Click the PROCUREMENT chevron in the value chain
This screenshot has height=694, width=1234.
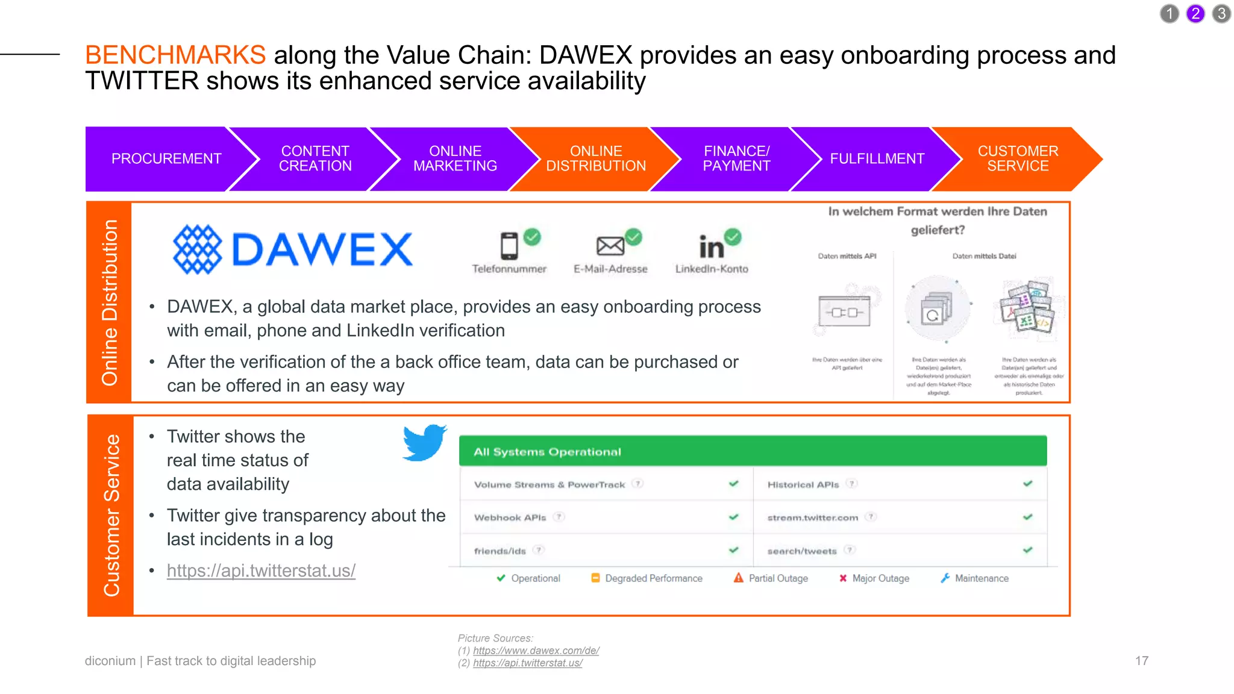(166, 158)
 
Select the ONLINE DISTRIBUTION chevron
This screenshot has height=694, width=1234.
(595, 158)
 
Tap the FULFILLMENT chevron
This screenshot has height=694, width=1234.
(877, 158)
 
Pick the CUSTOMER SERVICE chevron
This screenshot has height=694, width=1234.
(1018, 158)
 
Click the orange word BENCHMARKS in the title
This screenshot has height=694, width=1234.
(175, 55)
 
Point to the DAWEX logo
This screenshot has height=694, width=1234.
(293, 249)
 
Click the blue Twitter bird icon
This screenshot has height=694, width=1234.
(425, 443)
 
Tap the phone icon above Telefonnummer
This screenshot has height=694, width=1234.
(509, 246)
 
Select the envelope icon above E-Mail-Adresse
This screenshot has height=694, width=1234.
(610, 246)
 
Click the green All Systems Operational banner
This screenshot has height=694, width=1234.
(753, 451)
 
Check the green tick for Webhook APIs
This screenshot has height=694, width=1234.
(733, 517)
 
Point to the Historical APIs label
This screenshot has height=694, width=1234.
(803, 484)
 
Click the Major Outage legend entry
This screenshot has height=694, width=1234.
(874, 578)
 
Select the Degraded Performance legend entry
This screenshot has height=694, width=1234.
(647, 578)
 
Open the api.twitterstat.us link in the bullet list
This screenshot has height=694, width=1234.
(261, 571)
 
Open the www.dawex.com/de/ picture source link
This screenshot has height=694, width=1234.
(536, 651)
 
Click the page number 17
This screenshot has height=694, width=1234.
(1141, 661)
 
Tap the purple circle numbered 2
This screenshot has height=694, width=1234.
(1195, 13)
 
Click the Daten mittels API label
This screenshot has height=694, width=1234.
(847, 256)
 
